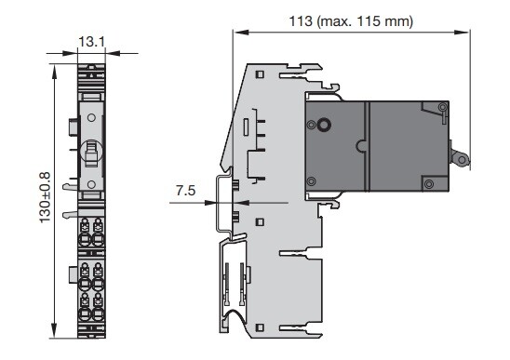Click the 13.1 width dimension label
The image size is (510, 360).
(x=92, y=42)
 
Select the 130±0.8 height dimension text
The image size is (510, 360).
(x=46, y=198)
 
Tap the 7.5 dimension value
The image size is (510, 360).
(x=186, y=191)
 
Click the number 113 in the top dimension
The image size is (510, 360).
(x=301, y=21)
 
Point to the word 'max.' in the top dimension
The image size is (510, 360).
(x=337, y=21)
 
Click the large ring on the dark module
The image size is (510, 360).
(x=324, y=124)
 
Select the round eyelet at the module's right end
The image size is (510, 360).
(x=462, y=159)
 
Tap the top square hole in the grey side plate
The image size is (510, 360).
(x=260, y=74)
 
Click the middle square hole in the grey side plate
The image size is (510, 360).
(x=260, y=222)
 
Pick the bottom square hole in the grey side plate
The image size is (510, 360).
(x=260, y=327)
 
